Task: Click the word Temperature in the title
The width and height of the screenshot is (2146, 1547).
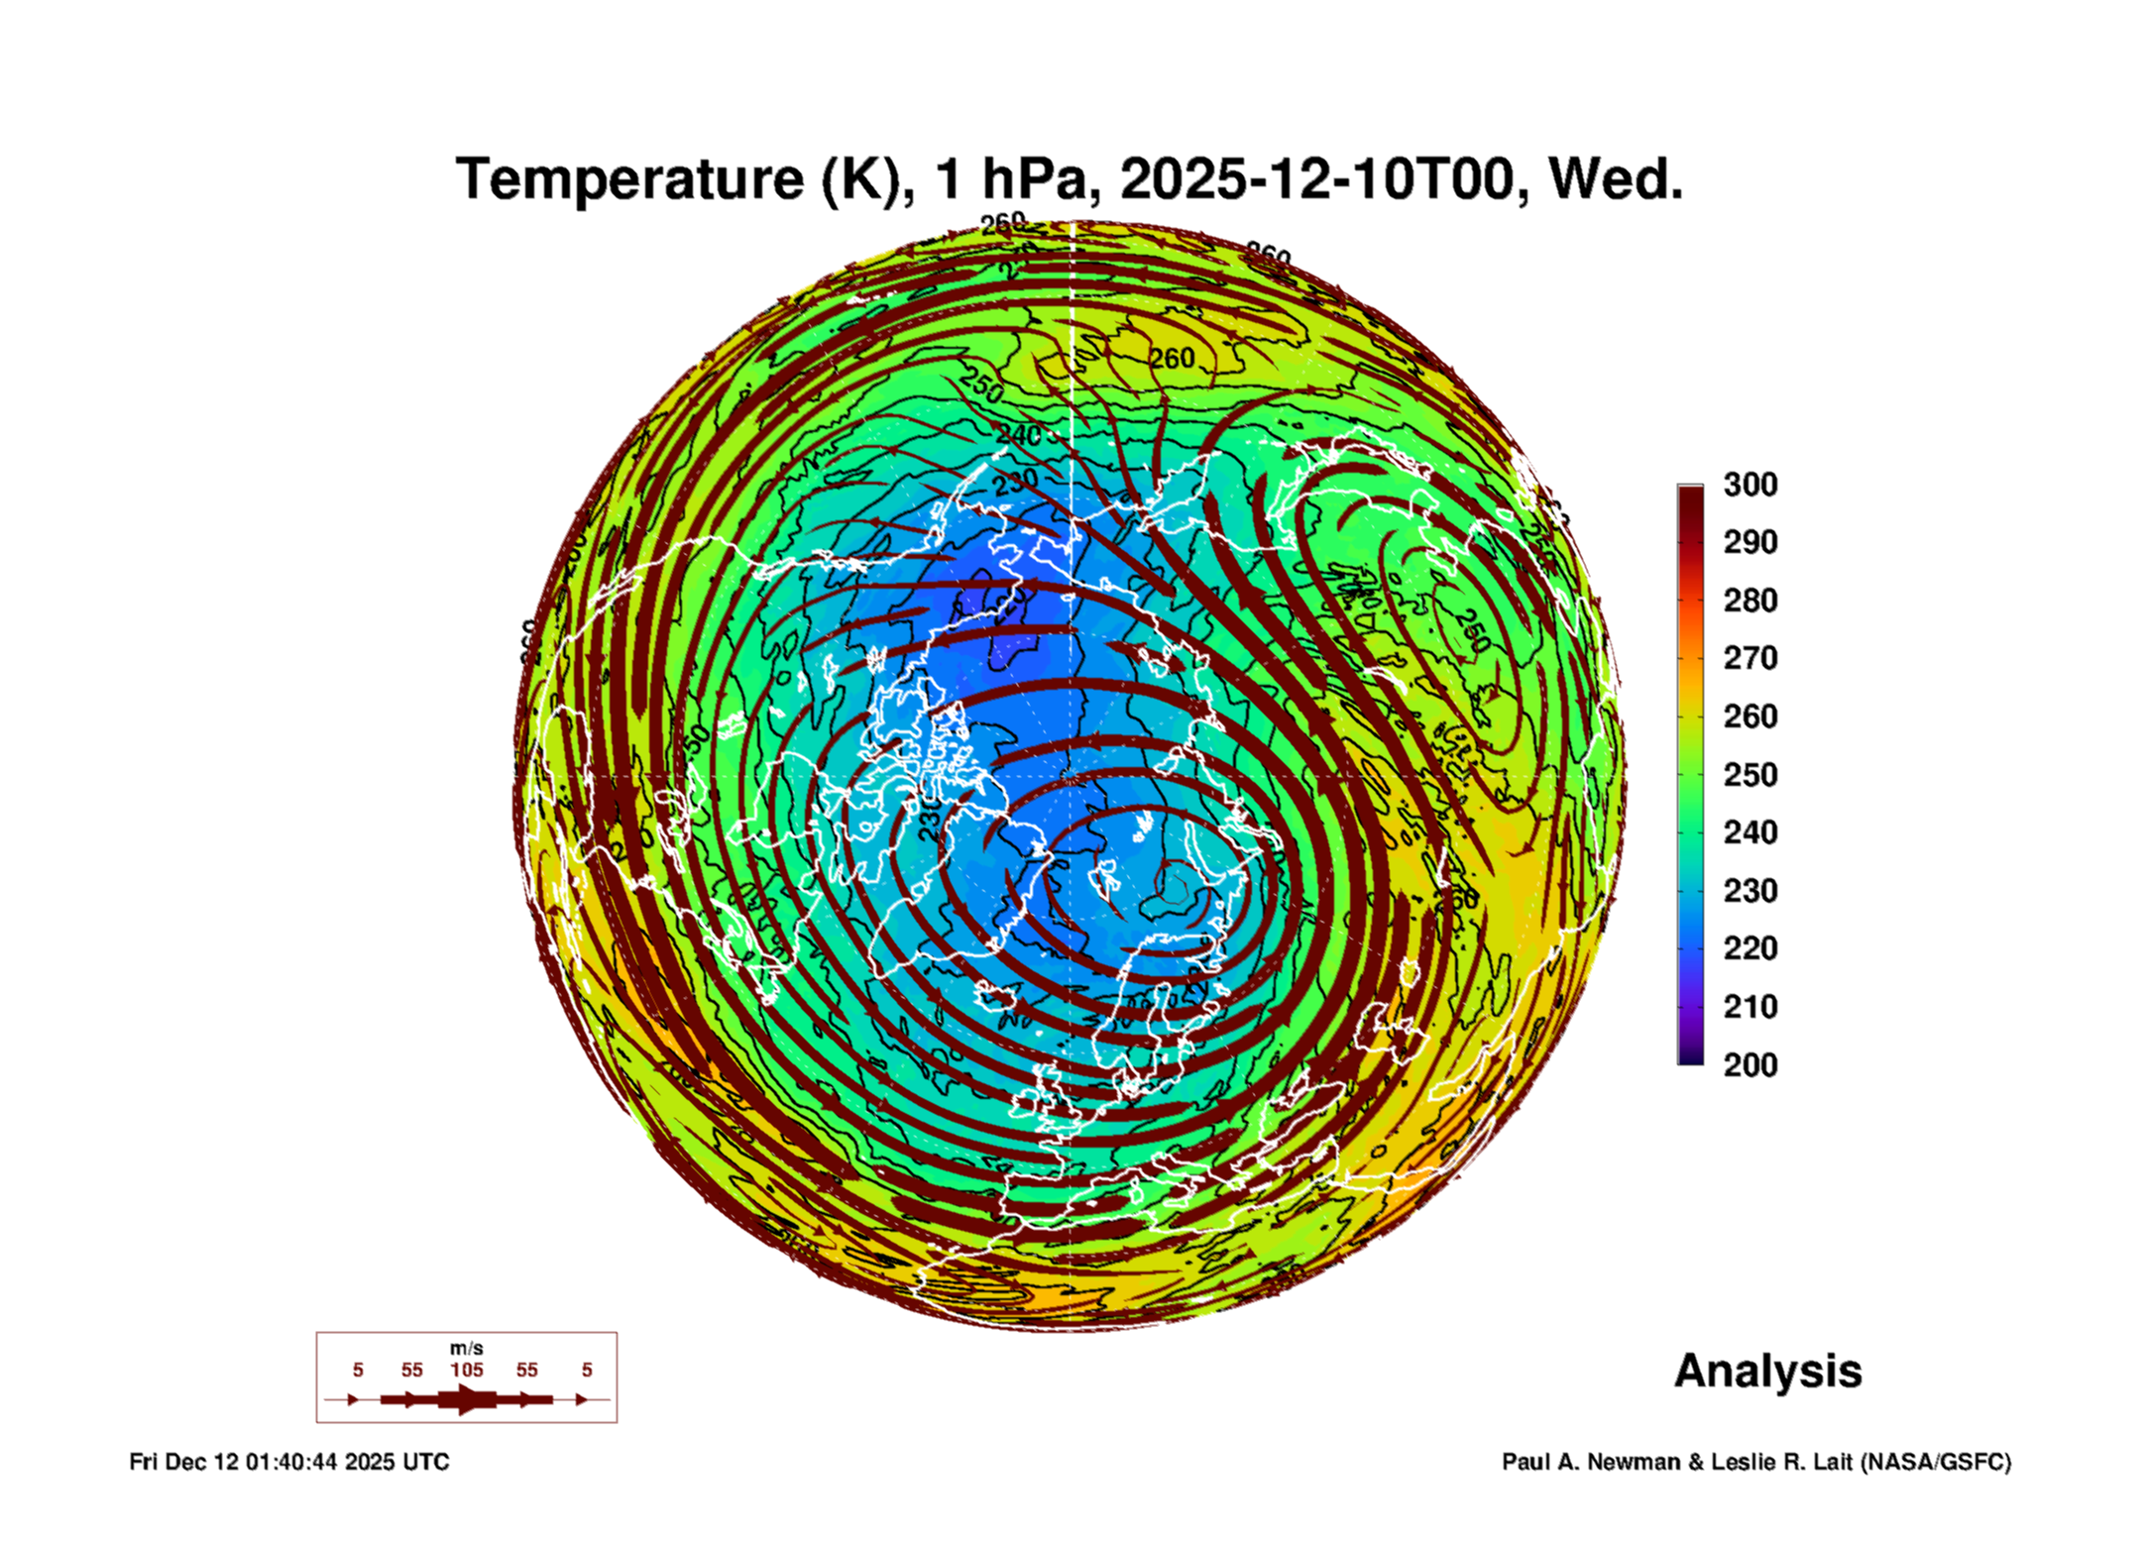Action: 628,179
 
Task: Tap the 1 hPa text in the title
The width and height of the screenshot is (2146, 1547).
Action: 1016,179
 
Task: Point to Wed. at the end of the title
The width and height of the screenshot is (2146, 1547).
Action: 1615,179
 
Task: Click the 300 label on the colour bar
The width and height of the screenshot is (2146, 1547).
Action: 1750,485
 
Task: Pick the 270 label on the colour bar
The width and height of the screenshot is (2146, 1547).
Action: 1750,658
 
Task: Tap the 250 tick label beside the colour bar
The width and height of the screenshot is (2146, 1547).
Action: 1750,775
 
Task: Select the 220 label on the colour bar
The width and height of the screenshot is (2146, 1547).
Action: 1750,948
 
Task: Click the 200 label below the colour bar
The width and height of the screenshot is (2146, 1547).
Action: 1750,1065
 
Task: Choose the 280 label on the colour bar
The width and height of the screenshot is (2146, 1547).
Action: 1750,601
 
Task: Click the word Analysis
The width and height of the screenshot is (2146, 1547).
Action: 1767,1371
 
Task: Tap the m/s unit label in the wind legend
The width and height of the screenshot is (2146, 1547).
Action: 466,1348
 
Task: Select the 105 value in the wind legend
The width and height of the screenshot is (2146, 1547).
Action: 466,1370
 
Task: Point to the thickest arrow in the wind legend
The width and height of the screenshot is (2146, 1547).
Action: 467,1399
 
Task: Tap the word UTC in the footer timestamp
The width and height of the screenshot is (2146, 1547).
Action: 425,1462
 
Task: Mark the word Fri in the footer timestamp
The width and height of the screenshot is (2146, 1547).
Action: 144,1462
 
